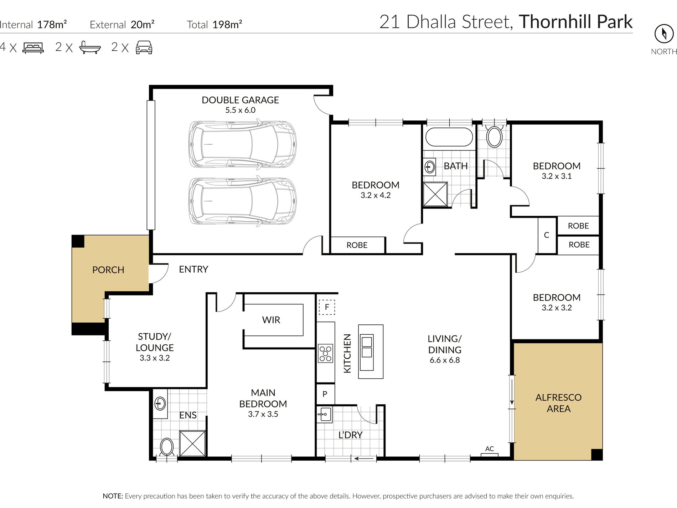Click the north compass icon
664,34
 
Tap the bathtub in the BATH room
449,137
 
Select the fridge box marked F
327,307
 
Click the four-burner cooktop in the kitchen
325,353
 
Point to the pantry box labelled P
325,394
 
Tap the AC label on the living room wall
490,449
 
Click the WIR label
271,320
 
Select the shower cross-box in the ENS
192,443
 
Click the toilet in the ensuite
166,447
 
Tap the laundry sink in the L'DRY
324,414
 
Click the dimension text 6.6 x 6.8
444,360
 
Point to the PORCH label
108,270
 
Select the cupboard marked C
547,235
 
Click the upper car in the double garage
242,144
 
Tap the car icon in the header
144,47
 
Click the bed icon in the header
33,47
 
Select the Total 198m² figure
215,25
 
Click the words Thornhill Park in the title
575,22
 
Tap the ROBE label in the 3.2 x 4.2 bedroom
357,245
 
